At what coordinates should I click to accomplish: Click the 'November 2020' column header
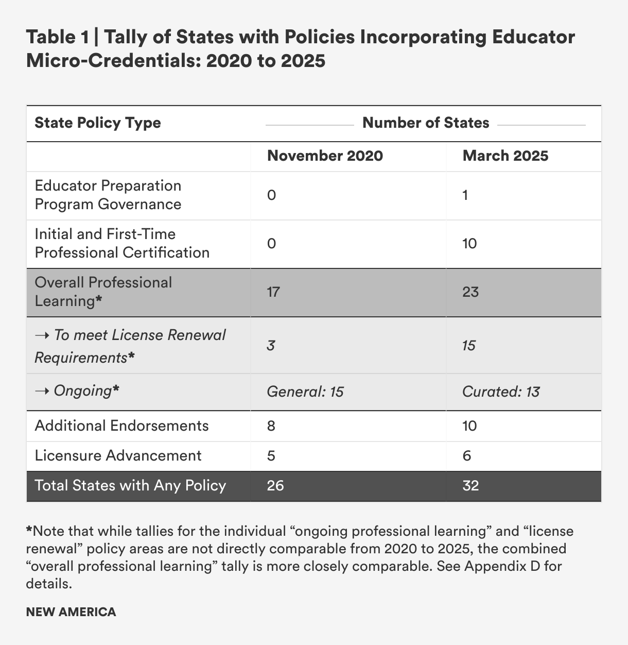[x=325, y=156]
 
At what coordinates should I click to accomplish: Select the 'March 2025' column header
[x=505, y=156]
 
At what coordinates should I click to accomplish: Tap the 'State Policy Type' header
[x=97, y=123]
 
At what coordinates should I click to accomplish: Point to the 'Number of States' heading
[x=426, y=123]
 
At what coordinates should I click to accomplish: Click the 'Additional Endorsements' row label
[x=121, y=426]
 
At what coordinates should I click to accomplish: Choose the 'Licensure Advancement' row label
[x=118, y=455]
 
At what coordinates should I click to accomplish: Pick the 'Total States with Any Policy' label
[x=130, y=485]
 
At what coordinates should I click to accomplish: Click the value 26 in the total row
[x=275, y=485]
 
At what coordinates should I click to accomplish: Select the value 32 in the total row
[x=470, y=485]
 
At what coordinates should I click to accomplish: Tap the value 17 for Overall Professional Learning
[x=273, y=292]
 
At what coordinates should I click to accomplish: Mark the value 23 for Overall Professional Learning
[x=470, y=292]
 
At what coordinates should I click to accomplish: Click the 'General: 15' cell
[x=305, y=392]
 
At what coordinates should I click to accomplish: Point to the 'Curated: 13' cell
[x=501, y=392]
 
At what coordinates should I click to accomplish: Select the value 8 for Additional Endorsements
[x=272, y=426]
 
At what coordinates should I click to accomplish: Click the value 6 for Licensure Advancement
[x=467, y=455]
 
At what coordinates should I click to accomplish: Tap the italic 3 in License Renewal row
[x=271, y=345]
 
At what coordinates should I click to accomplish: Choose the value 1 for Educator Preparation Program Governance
[x=465, y=195]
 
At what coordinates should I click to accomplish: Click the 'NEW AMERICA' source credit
[x=71, y=612]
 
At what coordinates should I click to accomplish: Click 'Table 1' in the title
[x=56, y=38]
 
